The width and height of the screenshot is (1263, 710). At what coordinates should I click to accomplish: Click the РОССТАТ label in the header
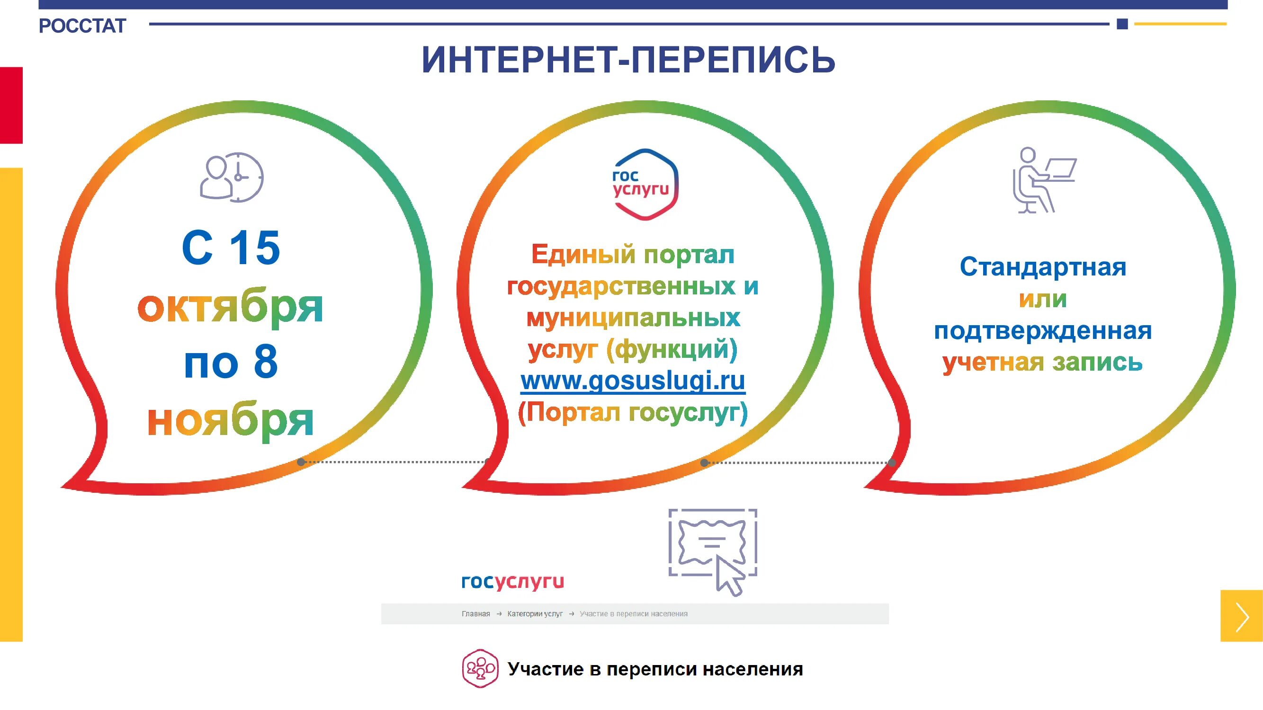[x=82, y=26]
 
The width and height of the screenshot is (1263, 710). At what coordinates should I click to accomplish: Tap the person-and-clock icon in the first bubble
[x=232, y=177]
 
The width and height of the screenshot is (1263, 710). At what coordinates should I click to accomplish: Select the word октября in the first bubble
[x=230, y=308]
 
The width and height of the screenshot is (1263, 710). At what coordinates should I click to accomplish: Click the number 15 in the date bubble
[x=255, y=248]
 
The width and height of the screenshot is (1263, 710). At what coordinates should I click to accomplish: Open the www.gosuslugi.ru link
[x=633, y=381]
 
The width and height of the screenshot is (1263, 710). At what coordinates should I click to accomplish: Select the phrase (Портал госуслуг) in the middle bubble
[x=633, y=412]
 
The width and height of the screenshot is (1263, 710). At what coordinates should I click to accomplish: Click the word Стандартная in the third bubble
[x=1042, y=267]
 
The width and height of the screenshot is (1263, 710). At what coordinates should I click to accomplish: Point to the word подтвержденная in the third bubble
[x=1042, y=331]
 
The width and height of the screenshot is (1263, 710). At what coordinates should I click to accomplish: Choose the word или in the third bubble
[x=1042, y=299]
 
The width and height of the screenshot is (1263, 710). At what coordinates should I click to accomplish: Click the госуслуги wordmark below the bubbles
[x=512, y=582]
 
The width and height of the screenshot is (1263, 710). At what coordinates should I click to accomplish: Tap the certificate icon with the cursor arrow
[x=713, y=551]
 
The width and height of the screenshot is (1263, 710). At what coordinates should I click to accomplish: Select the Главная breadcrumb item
[x=475, y=614]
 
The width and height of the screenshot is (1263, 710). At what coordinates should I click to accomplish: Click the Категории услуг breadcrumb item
[x=535, y=614]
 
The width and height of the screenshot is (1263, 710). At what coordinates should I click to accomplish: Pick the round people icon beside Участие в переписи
[x=480, y=668]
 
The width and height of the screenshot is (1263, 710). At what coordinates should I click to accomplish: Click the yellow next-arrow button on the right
[x=1241, y=616]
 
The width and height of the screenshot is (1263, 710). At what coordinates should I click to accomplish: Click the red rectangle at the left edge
[x=11, y=106]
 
